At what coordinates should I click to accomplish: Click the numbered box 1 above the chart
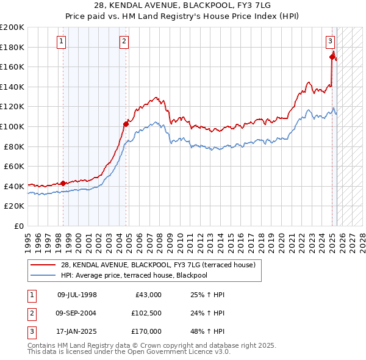(63, 41)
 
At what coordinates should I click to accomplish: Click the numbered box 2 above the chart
(124, 41)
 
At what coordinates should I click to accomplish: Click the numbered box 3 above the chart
(330, 41)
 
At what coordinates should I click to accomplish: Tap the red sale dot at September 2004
(126, 124)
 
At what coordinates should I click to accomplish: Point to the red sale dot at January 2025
(332, 57)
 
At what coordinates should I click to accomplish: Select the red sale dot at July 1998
(63, 183)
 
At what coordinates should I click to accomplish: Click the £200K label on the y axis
(12, 27)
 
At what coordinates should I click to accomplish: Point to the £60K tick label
(14, 166)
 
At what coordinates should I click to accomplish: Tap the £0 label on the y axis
(18, 226)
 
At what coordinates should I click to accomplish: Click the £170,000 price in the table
(146, 331)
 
